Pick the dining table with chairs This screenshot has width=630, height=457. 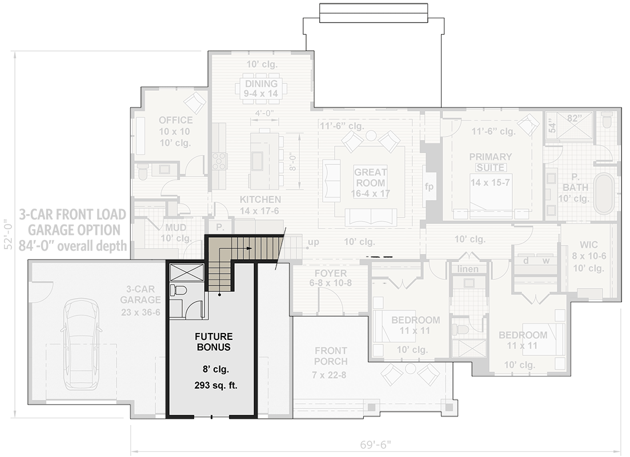pyautogui.click(x=261, y=89)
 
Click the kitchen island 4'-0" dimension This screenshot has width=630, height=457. pyautogui.click(x=264, y=113)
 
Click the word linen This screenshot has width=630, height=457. pyautogui.click(x=468, y=269)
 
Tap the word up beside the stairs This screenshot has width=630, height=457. pyautogui.click(x=314, y=242)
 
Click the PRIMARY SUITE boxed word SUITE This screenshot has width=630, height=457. pyautogui.click(x=491, y=167)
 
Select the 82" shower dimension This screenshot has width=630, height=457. pyautogui.click(x=573, y=118)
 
